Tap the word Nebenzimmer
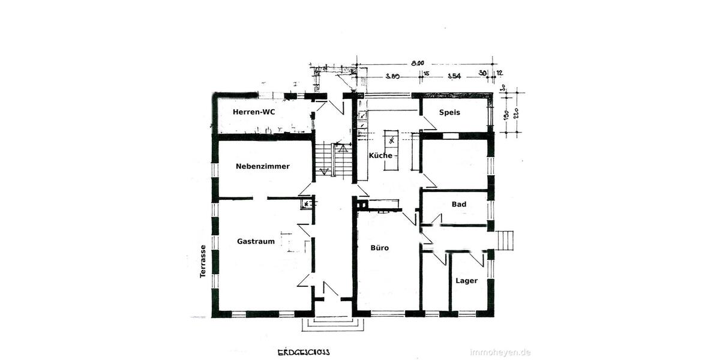click(x=263, y=166)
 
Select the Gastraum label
click(x=256, y=241)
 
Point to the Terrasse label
click(x=203, y=261)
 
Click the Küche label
click(x=380, y=155)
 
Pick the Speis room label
click(x=449, y=112)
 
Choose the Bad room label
click(x=459, y=204)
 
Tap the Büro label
click(x=380, y=247)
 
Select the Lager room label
click(x=466, y=280)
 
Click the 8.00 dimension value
click(x=418, y=62)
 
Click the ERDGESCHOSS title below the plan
click(x=303, y=352)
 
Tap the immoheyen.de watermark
click(x=500, y=352)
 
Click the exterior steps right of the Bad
click(x=506, y=239)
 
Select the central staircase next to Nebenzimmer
click(x=333, y=160)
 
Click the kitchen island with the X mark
click(x=391, y=141)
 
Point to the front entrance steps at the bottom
click(x=332, y=324)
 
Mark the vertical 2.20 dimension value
click(x=515, y=113)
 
